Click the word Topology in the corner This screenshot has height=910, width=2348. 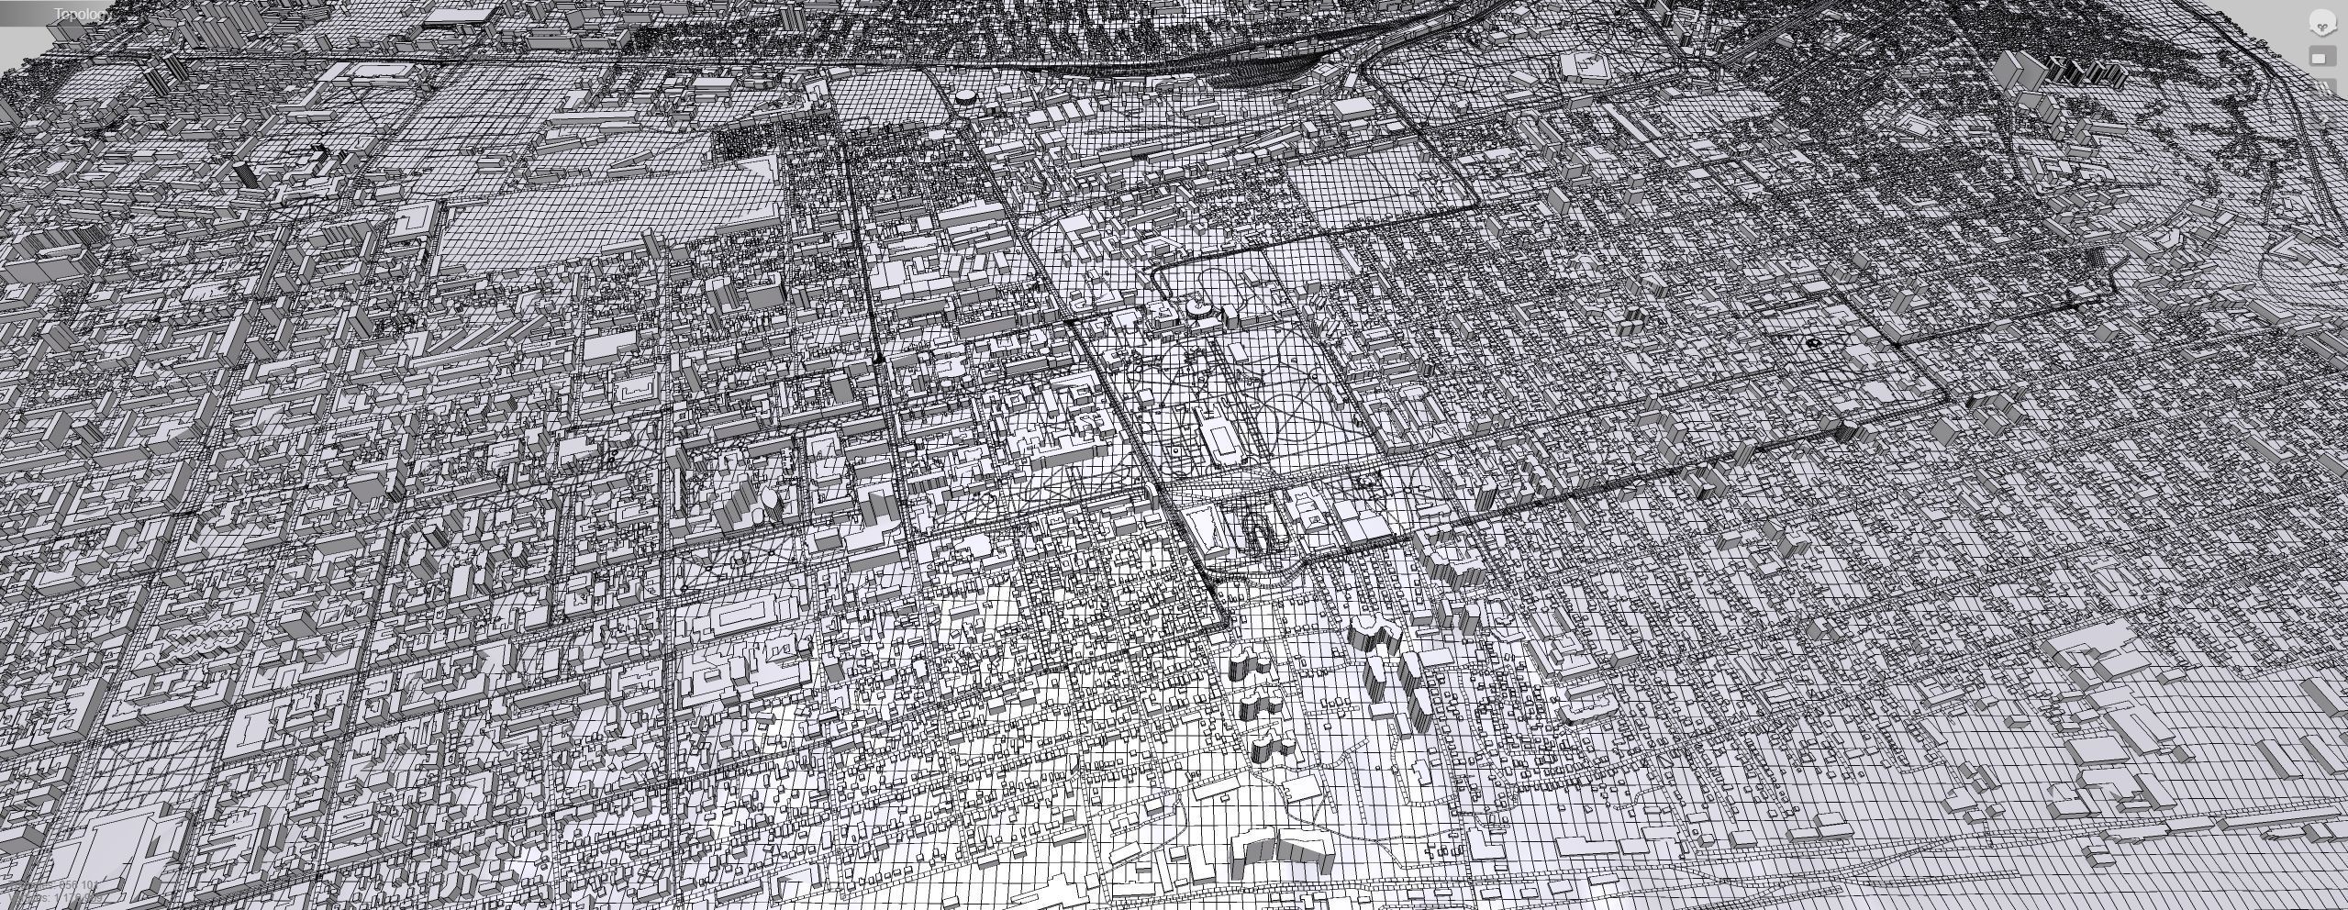[83, 15]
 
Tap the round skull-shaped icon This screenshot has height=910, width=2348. [2321, 25]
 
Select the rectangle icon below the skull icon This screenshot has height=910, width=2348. [2320, 58]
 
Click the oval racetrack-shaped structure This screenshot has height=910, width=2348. [1256, 530]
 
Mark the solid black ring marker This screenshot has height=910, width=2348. [1813, 342]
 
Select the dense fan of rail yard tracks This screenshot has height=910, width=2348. [1266, 66]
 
